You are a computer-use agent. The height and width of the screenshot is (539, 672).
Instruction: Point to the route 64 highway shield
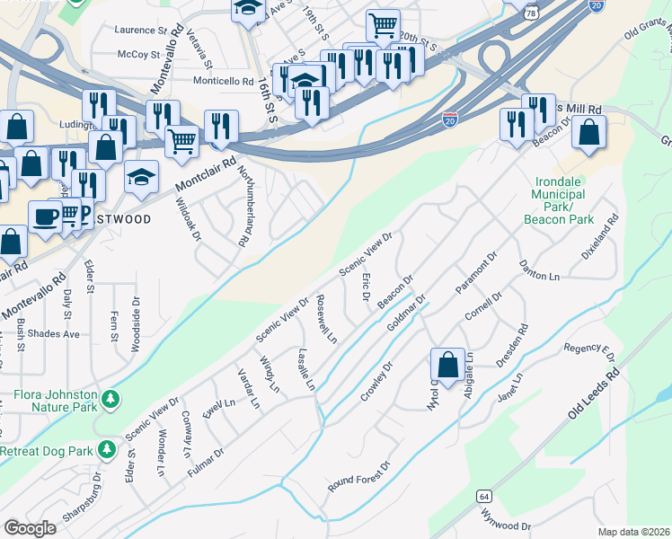pyautogui.click(x=484, y=496)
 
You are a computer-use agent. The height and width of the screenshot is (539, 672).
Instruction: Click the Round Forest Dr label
pyautogui.click(x=360, y=476)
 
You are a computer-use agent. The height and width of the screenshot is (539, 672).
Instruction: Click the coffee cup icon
pyautogui.click(x=44, y=216)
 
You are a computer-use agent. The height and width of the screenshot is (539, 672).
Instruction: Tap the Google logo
pyautogui.click(x=31, y=528)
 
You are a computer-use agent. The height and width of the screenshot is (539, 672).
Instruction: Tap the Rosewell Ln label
pyautogui.click(x=327, y=322)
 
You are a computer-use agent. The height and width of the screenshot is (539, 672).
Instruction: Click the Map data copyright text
pyautogui.click(x=633, y=532)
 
